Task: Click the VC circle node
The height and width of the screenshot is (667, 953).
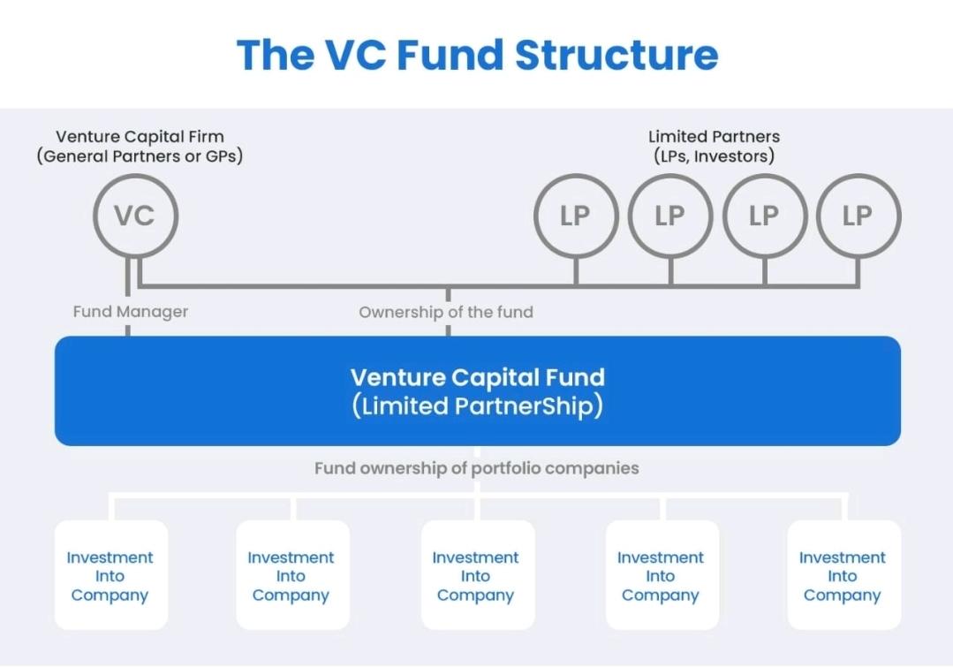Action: tap(135, 216)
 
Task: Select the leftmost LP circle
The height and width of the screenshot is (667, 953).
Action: tap(576, 216)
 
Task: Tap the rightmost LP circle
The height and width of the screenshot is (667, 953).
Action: tap(858, 216)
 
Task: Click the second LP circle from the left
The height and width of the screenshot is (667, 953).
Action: tap(670, 216)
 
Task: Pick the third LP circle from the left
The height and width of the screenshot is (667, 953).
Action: tap(764, 216)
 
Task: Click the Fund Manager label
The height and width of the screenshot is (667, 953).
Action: tap(131, 312)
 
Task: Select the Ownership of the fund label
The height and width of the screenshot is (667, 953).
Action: tap(446, 312)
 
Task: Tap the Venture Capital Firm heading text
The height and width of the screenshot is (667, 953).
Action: tap(140, 137)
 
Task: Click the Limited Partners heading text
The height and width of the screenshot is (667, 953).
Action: tap(714, 137)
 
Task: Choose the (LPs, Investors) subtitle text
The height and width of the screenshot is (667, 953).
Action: tap(714, 156)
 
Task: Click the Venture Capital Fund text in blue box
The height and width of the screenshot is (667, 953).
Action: tap(477, 377)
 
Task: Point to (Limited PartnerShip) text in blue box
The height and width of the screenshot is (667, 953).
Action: tap(477, 406)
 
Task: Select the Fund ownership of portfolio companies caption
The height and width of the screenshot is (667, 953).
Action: tap(476, 468)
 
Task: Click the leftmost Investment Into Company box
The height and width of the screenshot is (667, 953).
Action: tap(110, 575)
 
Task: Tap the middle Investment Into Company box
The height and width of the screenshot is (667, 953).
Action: tap(476, 575)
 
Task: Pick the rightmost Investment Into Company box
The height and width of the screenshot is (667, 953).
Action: tap(843, 575)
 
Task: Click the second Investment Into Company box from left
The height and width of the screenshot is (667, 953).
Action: tap(291, 575)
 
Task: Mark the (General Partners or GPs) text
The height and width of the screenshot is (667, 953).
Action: tap(140, 156)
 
